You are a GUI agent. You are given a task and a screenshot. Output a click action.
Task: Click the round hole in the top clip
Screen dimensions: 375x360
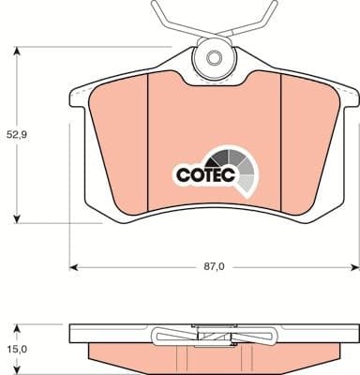point(216,60)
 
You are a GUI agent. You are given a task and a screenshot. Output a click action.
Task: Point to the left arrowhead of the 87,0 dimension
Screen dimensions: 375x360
point(75,268)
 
